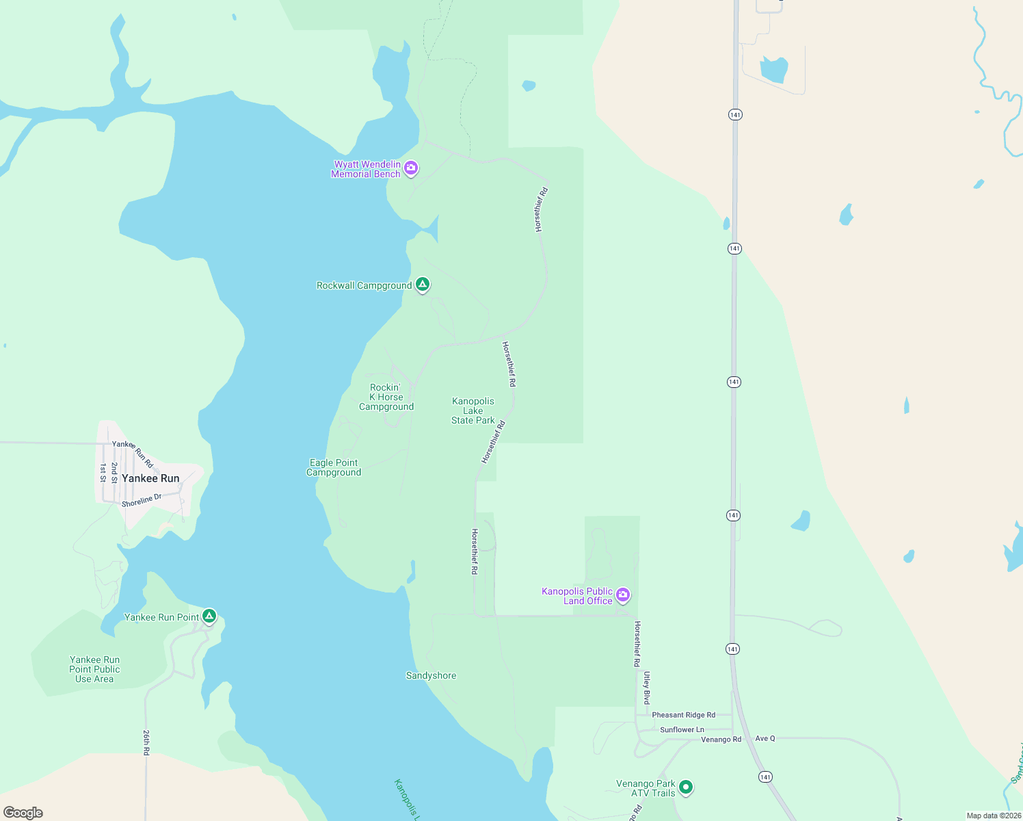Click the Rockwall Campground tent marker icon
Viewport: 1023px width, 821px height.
coord(423,284)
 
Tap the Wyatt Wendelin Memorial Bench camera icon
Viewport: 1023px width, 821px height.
coord(411,168)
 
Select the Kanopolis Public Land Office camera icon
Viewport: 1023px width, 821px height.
coord(623,595)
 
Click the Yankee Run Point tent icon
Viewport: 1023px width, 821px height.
coord(209,616)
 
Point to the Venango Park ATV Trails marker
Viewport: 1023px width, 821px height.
coord(686,787)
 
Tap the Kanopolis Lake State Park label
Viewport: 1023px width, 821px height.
coord(473,411)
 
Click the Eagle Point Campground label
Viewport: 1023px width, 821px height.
coord(334,468)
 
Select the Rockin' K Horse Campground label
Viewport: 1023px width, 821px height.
coord(386,398)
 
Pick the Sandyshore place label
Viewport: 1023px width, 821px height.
coord(431,676)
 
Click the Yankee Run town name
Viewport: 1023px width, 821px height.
coord(150,478)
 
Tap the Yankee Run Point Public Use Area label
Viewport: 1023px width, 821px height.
coord(94,670)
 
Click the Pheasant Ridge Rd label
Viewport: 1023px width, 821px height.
coord(683,715)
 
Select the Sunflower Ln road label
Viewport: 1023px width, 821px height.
coord(682,730)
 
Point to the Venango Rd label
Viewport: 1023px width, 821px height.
coord(721,740)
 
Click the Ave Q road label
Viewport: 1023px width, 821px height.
coord(765,739)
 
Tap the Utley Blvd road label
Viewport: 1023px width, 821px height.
coord(647,688)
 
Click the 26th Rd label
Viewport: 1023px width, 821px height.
coord(146,742)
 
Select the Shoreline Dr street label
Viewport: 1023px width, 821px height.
coord(142,501)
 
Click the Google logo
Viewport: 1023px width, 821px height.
coord(23,813)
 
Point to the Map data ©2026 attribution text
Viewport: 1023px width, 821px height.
coord(993,816)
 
